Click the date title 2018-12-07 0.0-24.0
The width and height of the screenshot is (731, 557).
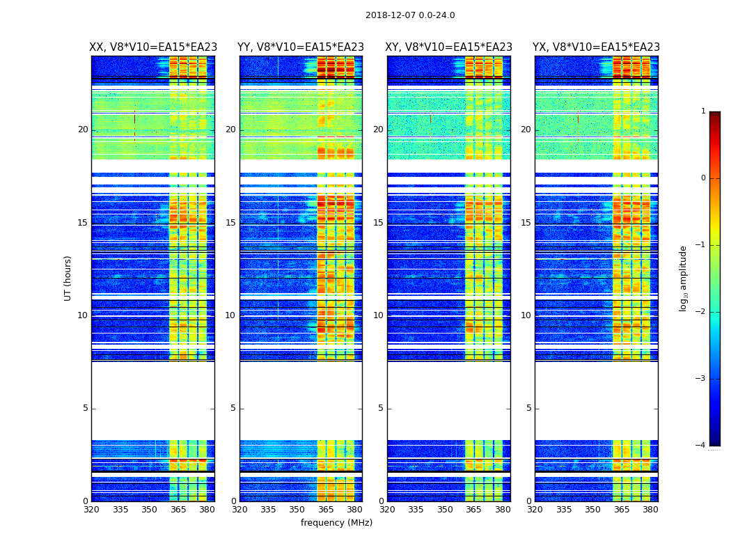tap(410, 15)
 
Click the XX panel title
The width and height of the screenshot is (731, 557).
tap(153, 47)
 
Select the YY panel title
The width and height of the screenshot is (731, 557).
tap(301, 47)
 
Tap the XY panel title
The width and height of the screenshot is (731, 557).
tap(449, 47)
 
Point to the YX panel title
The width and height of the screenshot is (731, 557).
tap(596, 47)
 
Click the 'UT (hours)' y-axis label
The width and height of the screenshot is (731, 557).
tap(68, 278)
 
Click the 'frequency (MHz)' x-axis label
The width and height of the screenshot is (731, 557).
tap(336, 523)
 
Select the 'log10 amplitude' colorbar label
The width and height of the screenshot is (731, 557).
tap(684, 278)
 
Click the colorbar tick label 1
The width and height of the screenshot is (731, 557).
tap(703, 111)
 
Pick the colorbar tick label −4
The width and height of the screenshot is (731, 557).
tap(701, 446)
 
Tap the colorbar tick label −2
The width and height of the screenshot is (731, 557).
tap(701, 312)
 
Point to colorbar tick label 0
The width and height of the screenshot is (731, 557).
tap(703, 178)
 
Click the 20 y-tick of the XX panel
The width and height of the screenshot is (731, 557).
tap(83, 130)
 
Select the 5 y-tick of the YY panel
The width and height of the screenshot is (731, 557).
tap(233, 408)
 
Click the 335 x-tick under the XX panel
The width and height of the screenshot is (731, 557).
tap(120, 510)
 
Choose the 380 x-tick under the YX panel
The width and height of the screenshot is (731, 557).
tap(650, 510)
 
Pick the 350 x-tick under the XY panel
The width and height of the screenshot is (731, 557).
tap(445, 510)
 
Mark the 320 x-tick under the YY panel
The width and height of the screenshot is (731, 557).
tap(239, 510)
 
